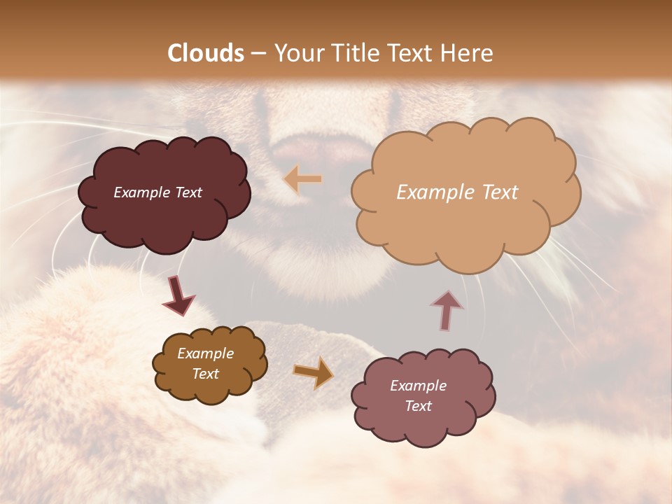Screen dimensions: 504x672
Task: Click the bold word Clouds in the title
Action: pos(206,53)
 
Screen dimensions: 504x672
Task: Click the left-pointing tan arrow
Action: pos(303,180)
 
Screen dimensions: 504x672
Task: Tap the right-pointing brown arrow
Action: pos(314,372)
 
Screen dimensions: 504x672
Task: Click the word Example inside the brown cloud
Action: pos(205,353)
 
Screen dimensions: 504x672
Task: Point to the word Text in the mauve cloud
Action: pos(418,406)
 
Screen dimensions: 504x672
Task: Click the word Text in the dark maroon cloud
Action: pos(187,192)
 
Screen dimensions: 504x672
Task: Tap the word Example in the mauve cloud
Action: pos(418,386)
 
